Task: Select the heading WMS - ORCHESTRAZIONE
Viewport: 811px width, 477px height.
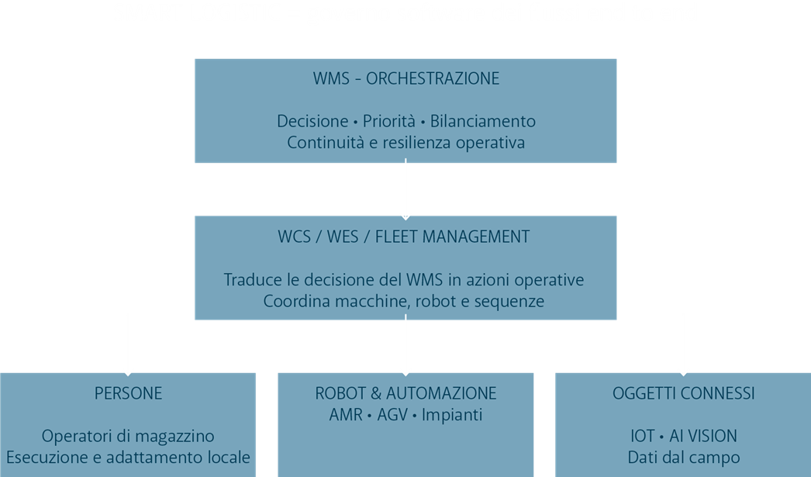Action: point(405,79)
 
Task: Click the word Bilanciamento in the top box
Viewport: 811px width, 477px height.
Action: point(482,122)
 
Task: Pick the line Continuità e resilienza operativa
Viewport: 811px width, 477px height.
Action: point(405,143)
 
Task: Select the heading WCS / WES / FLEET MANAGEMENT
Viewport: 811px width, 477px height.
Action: point(404,237)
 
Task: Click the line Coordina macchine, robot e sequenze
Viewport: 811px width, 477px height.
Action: point(404,301)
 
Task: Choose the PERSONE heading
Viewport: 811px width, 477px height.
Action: point(128,394)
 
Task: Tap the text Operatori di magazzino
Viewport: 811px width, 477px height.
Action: point(128,436)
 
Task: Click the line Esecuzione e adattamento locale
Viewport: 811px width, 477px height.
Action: point(128,457)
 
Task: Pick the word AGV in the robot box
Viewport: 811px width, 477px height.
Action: point(392,415)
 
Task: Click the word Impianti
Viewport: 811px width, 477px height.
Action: point(452,415)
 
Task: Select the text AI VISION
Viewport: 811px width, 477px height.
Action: point(704,436)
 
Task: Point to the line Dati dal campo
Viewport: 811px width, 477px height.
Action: point(683,457)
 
